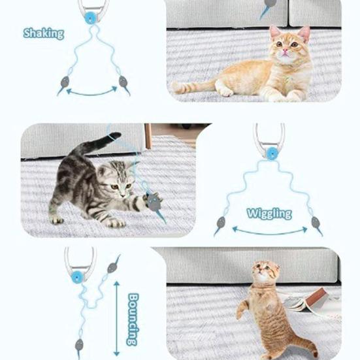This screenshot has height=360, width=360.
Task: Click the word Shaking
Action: coord(44,33)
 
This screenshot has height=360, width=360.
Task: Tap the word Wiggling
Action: coord(269,213)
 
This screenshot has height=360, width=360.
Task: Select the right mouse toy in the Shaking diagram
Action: coord(122,83)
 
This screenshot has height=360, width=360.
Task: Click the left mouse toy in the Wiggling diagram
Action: coord(220,225)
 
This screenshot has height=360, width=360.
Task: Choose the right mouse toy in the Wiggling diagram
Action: coord(317,224)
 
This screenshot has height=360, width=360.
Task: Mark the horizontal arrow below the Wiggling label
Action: coord(268,231)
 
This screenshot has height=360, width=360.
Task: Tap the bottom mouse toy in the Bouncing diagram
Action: coord(80,344)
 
